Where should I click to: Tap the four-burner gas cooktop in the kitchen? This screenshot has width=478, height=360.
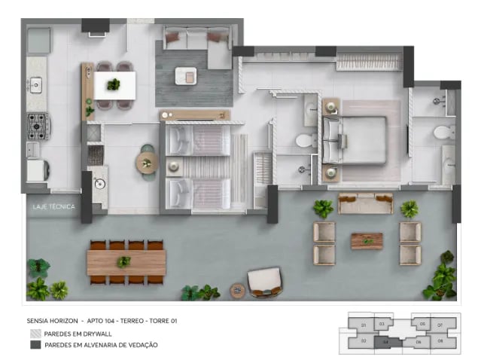pyautogui.click(x=37, y=126)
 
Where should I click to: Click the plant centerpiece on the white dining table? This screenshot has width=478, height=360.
pyautogui.click(x=114, y=84)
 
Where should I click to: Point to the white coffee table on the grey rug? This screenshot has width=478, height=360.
pyautogui.click(x=185, y=76)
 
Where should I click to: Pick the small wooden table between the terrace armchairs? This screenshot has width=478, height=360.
pyautogui.click(x=367, y=240)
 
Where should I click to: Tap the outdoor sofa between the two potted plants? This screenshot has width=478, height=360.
pyautogui.click(x=366, y=203)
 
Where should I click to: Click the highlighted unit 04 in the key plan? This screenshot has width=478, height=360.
pyautogui.click(x=386, y=341)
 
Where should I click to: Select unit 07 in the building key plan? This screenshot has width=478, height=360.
pyautogui.click(x=441, y=325)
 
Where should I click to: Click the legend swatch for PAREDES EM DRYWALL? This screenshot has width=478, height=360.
pyautogui.click(x=35, y=332)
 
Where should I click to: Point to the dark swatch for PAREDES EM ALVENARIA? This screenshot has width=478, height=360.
pyautogui.click(x=35, y=345)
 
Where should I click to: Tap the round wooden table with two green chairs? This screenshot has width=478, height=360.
pyautogui.click(x=147, y=162)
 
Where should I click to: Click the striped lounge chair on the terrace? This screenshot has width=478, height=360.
pyautogui.click(x=264, y=281)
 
